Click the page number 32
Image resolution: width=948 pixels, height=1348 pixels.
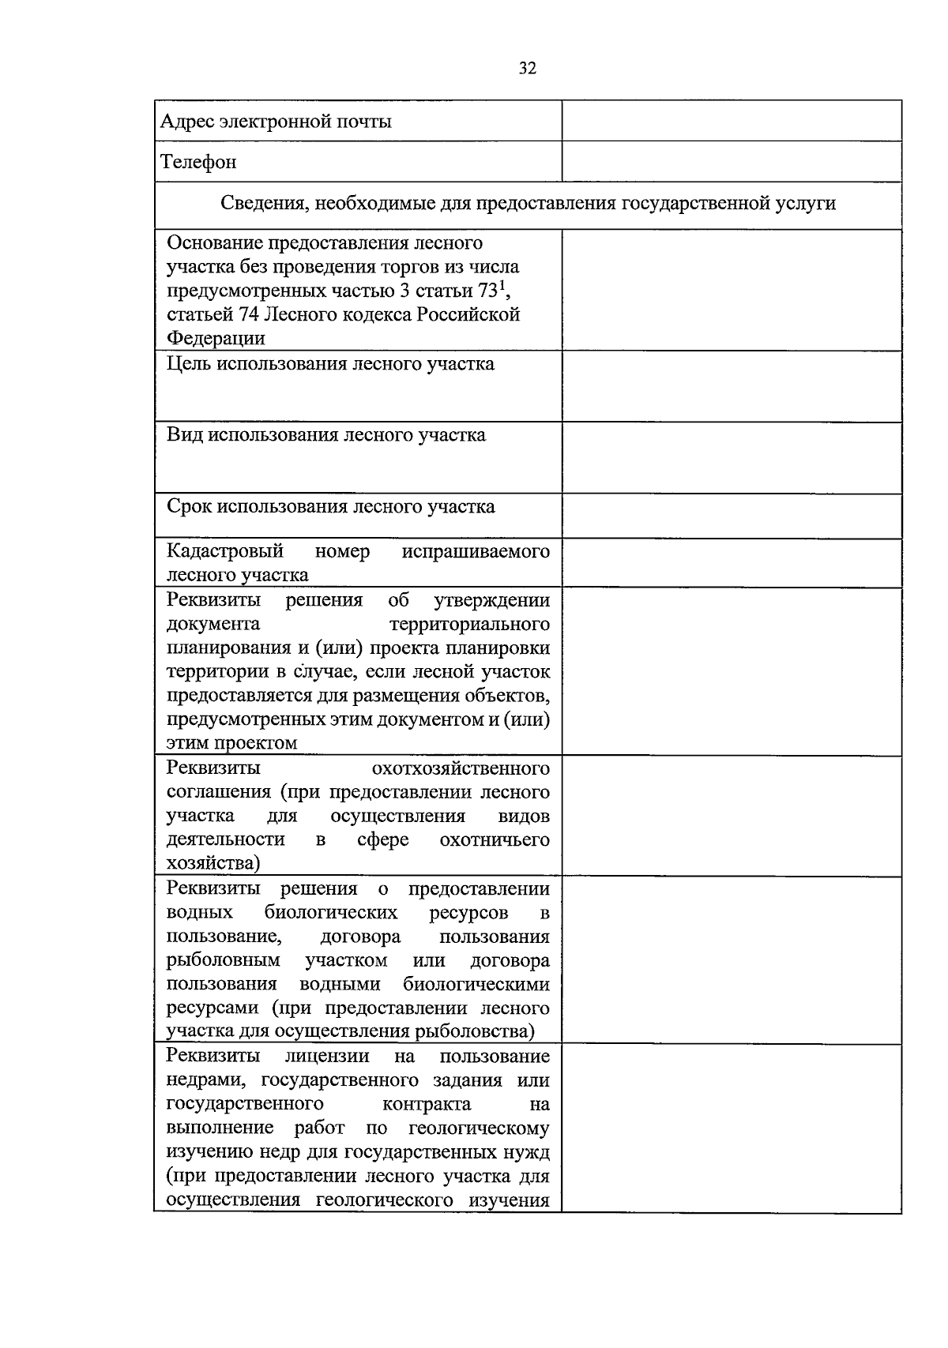tap(528, 69)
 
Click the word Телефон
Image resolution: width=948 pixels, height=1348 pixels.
tap(198, 162)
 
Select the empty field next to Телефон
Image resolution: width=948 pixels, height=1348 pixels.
tap(732, 162)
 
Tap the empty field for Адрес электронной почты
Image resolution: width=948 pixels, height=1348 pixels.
tap(732, 121)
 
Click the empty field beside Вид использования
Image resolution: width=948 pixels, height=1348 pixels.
tap(732, 458)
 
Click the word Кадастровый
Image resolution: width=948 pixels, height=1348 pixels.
tap(224, 551)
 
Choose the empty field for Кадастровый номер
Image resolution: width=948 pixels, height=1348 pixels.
tap(732, 563)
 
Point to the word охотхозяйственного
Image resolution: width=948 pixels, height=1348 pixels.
tap(461, 768)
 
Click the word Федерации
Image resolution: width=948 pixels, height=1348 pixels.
tap(216, 339)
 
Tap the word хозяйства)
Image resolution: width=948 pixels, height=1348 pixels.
tap(213, 864)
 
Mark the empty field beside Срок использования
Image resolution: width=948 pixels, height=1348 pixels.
tap(732, 516)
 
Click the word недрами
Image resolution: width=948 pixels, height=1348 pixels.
tap(209, 1080)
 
